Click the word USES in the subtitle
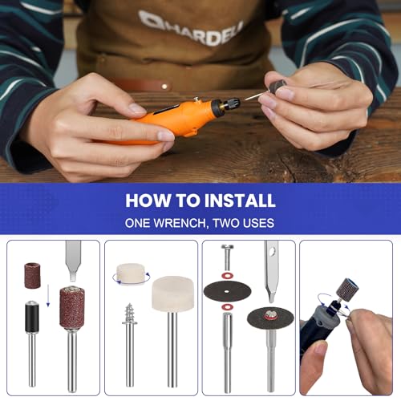coord(257,223)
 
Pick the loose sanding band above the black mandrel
coord(32,275)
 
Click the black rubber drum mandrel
coord(32,314)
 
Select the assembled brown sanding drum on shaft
coord(72,308)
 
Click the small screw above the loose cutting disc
coord(227,257)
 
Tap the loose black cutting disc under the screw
coord(228,290)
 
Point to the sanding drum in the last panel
coord(346,290)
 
